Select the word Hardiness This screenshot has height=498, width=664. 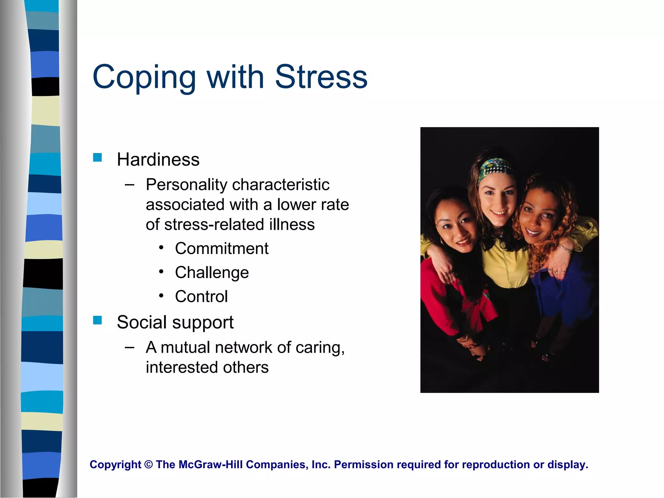(158, 160)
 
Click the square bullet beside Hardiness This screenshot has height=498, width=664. (97, 158)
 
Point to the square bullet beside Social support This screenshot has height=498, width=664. (97, 320)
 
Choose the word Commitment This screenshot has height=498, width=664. (222, 249)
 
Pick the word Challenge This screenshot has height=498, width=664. (212, 273)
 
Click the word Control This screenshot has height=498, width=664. (201, 296)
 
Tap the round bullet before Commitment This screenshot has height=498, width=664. (161, 248)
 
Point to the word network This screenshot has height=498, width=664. (243, 348)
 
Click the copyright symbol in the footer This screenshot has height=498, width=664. (148, 465)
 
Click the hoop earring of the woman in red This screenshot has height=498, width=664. (442, 242)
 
